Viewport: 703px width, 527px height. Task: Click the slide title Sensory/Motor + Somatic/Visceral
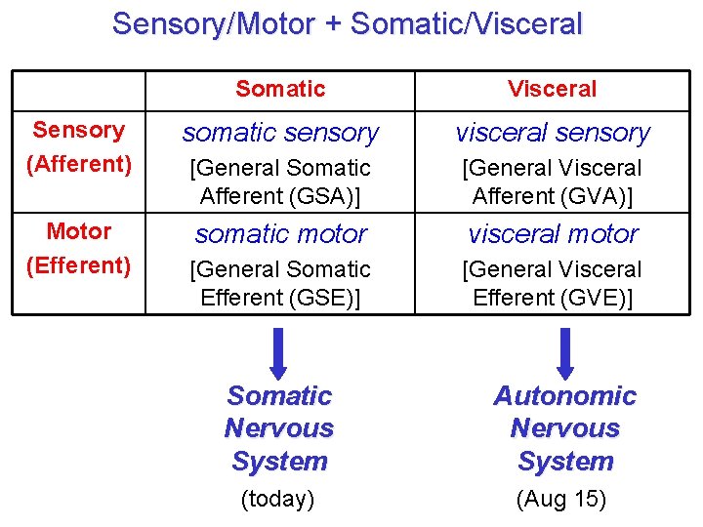pyautogui.click(x=347, y=23)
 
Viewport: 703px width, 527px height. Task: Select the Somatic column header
pyautogui.click(x=280, y=89)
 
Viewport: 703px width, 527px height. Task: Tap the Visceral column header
pyautogui.click(x=552, y=89)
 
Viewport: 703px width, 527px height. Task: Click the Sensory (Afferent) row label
pyautogui.click(x=78, y=146)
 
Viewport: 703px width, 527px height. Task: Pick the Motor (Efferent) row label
pyautogui.click(x=78, y=248)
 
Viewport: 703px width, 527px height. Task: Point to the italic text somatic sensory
pyautogui.click(x=280, y=132)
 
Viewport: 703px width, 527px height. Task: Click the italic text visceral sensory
pyautogui.click(x=553, y=132)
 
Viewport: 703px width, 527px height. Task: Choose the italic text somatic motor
pyautogui.click(x=280, y=234)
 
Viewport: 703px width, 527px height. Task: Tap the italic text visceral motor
pyautogui.click(x=553, y=234)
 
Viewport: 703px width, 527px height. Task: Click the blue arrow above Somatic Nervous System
pyautogui.click(x=279, y=352)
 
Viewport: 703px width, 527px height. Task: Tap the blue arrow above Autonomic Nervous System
pyautogui.click(x=564, y=352)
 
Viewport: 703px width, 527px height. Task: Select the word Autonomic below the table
pyautogui.click(x=564, y=396)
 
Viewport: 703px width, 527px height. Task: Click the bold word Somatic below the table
pyautogui.click(x=279, y=396)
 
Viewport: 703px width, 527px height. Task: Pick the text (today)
pyautogui.click(x=277, y=500)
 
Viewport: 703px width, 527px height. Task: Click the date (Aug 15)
pyautogui.click(x=560, y=500)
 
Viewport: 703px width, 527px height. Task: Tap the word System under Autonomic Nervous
pyautogui.click(x=564, y=462)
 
